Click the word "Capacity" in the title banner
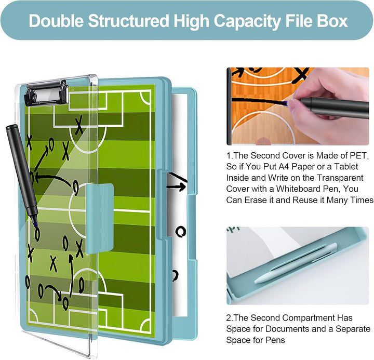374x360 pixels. [x=247, y=21]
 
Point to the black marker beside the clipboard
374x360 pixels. [x=22, y=174]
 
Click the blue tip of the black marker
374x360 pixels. [x=35, y=224]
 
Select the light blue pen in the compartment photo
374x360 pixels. [x=296, y=263]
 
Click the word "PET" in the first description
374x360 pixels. [x=358, y=155]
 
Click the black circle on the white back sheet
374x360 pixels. [x=181, y=231]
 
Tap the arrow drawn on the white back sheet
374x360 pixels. [x=177, y=186]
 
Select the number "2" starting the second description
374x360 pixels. [x=229, y=318]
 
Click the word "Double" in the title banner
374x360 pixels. [x=56, y=21]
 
